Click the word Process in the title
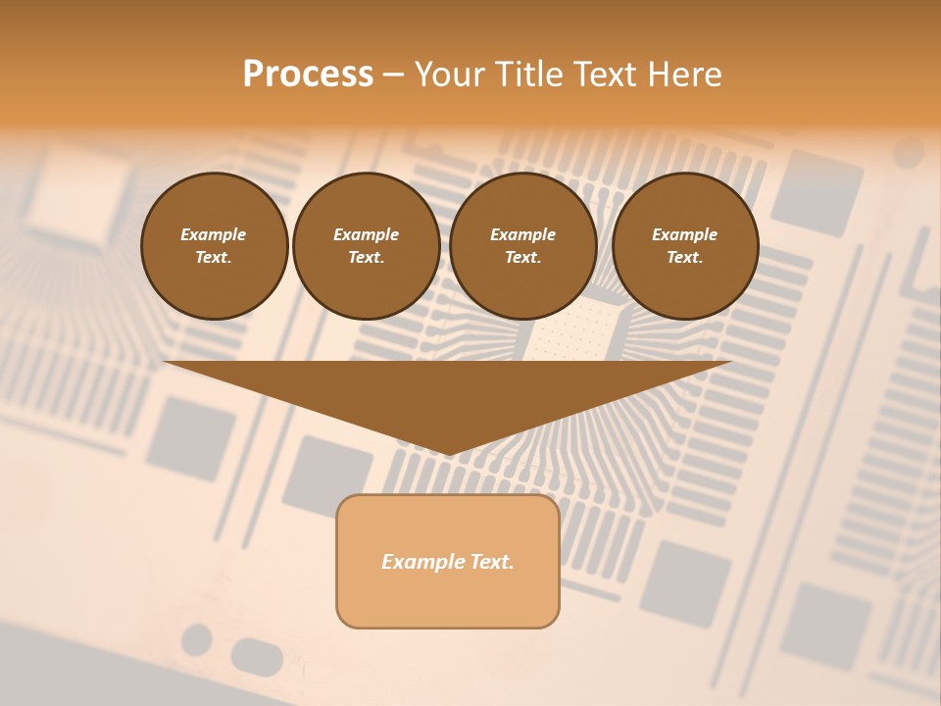pyautogui.click(x=308, y=75)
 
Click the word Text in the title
pyautogui.click(x=605, y=75)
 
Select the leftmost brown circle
pyautogui.click(x=215, y=246)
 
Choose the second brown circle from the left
pyautogui.click(x=366, y=246)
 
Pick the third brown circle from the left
pyautogui.click(x=522, y=246)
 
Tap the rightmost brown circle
pyautogui.click(x=685, y=246)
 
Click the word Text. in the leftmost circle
pyautogui.click(x=214, y=258)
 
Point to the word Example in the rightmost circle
pyautogui.click(x=684, y=234)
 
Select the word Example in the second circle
pyautogui.click(x=366, y=234)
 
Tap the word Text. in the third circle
pyautogui.click(x=522, y=258)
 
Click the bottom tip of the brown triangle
pyautogui.click(x=449, y=452)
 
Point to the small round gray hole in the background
pyautogui.click(x=197, y=639)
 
